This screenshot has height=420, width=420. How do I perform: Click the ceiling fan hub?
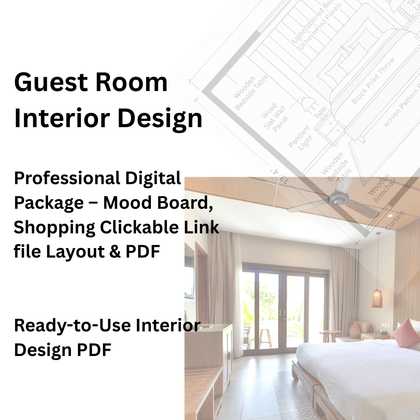click(x=338, y=199)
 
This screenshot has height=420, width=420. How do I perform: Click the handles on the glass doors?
click(x=283, y=313)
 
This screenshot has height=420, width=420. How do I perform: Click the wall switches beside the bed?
click(x=386, y=326)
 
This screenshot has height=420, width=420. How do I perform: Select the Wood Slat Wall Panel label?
click(x=274, y=117)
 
